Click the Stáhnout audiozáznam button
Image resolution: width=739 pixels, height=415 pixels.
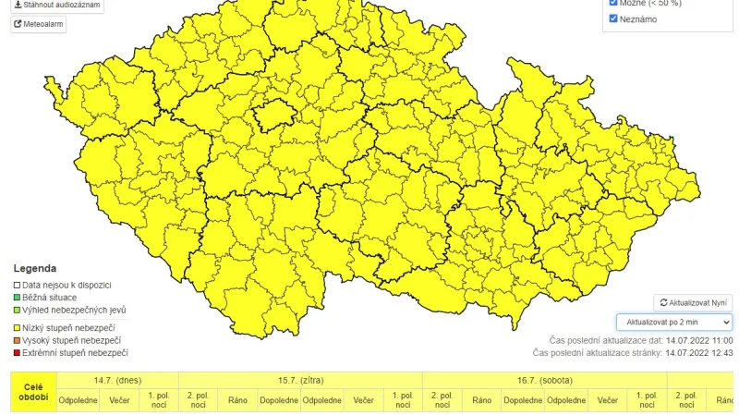click(x=56, y=6)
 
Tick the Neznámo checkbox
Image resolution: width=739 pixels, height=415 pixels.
click(x=613, y=18)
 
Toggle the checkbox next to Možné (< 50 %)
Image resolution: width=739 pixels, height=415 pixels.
click(x=613, y=3)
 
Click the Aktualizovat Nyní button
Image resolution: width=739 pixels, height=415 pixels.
click(x=694, y=302)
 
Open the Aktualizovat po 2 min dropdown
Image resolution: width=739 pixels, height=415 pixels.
click(x=674, y=322)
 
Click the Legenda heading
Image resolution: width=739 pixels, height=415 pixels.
click(x=34, y=268)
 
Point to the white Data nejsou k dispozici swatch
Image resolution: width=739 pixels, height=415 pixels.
click(x=16, y=285)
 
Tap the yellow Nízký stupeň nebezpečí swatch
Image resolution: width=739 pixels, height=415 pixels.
click(x=16, y=328)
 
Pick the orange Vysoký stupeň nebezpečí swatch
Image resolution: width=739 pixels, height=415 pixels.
click(x=16, y=341)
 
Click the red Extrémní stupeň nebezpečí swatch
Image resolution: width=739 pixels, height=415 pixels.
click(x=16, y=353)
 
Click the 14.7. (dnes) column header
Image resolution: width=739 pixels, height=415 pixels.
click(x=117, y=380)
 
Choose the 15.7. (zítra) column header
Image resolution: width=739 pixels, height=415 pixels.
click(x=300, y=380)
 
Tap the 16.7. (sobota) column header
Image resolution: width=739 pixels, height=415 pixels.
click(x=544, y=380)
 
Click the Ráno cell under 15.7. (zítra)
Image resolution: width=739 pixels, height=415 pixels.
click(x=238, y=401)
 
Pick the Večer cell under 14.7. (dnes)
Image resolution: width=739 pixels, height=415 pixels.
click(x=119, y=401)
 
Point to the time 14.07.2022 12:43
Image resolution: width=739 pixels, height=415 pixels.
click(x=699, y=352)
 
